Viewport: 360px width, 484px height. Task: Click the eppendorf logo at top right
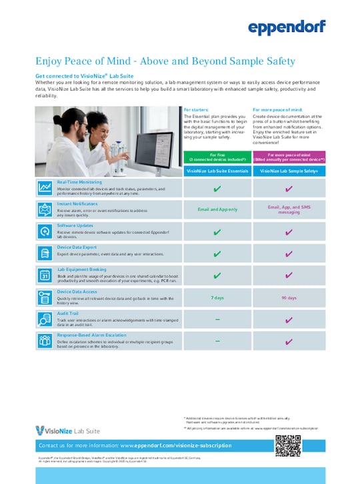[287, 27]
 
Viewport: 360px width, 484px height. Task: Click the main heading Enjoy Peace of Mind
[165, 61]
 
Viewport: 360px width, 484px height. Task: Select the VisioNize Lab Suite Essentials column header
[217, 171]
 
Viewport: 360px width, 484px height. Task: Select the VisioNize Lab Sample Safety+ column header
[288, 171]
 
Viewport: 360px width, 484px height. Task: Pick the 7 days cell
[217, 297]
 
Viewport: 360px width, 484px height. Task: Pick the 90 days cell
[288, 297]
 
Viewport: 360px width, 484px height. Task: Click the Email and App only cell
[217, 209]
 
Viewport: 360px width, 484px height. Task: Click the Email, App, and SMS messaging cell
[288, 209]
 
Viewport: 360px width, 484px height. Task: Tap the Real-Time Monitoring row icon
[45, 187]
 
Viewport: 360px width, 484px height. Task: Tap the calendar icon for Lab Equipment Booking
[45, 275]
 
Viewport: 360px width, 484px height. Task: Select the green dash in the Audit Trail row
[217, 319]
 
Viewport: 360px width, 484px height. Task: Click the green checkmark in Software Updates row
[217, 231]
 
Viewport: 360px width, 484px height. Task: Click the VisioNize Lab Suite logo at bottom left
[67, 429]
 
